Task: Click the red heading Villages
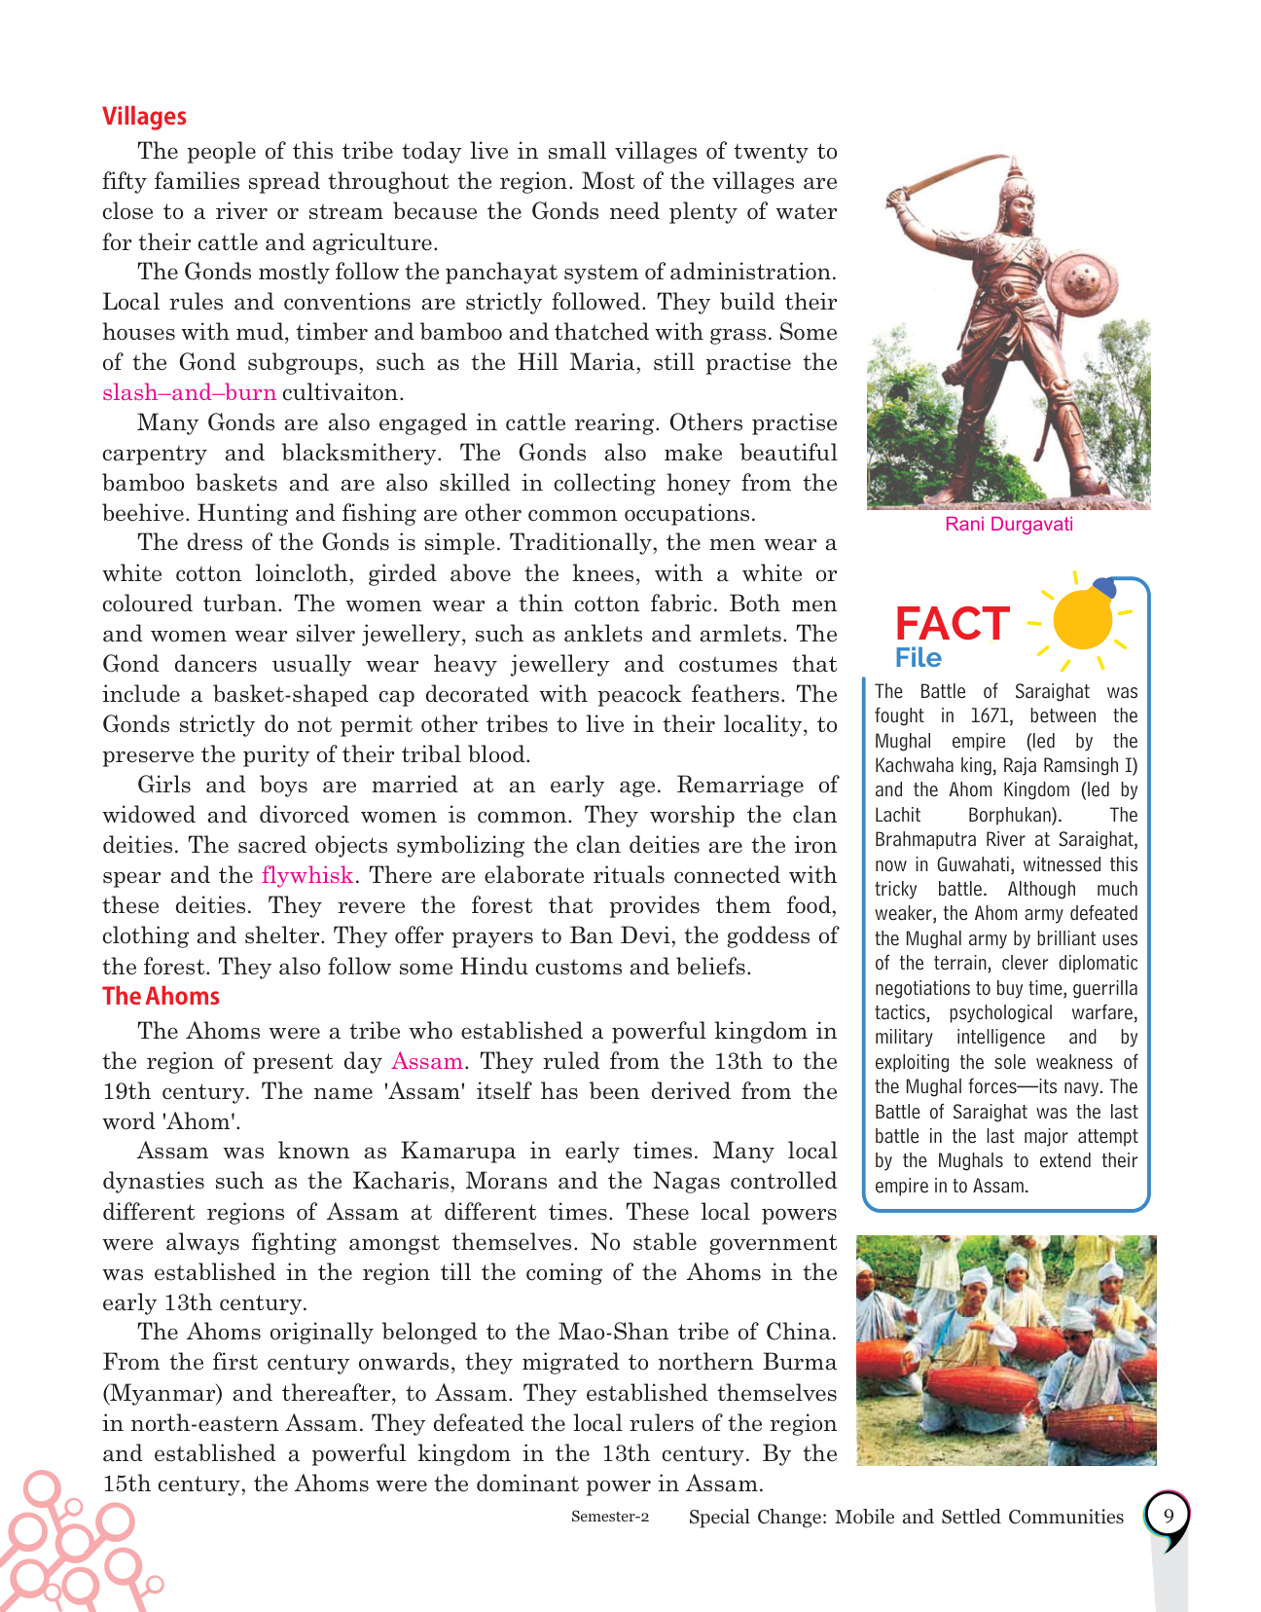pos(144,117)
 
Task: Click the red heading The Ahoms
pos(161,997)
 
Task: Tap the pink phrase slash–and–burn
pos(189,393)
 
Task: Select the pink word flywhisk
pos(306,875)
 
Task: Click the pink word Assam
pos(426,1061)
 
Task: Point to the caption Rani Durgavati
pos(1009,525)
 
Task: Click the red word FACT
pos(952,624)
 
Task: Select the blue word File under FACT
pos(918,659)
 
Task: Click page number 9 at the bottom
pos(1168,1516)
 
